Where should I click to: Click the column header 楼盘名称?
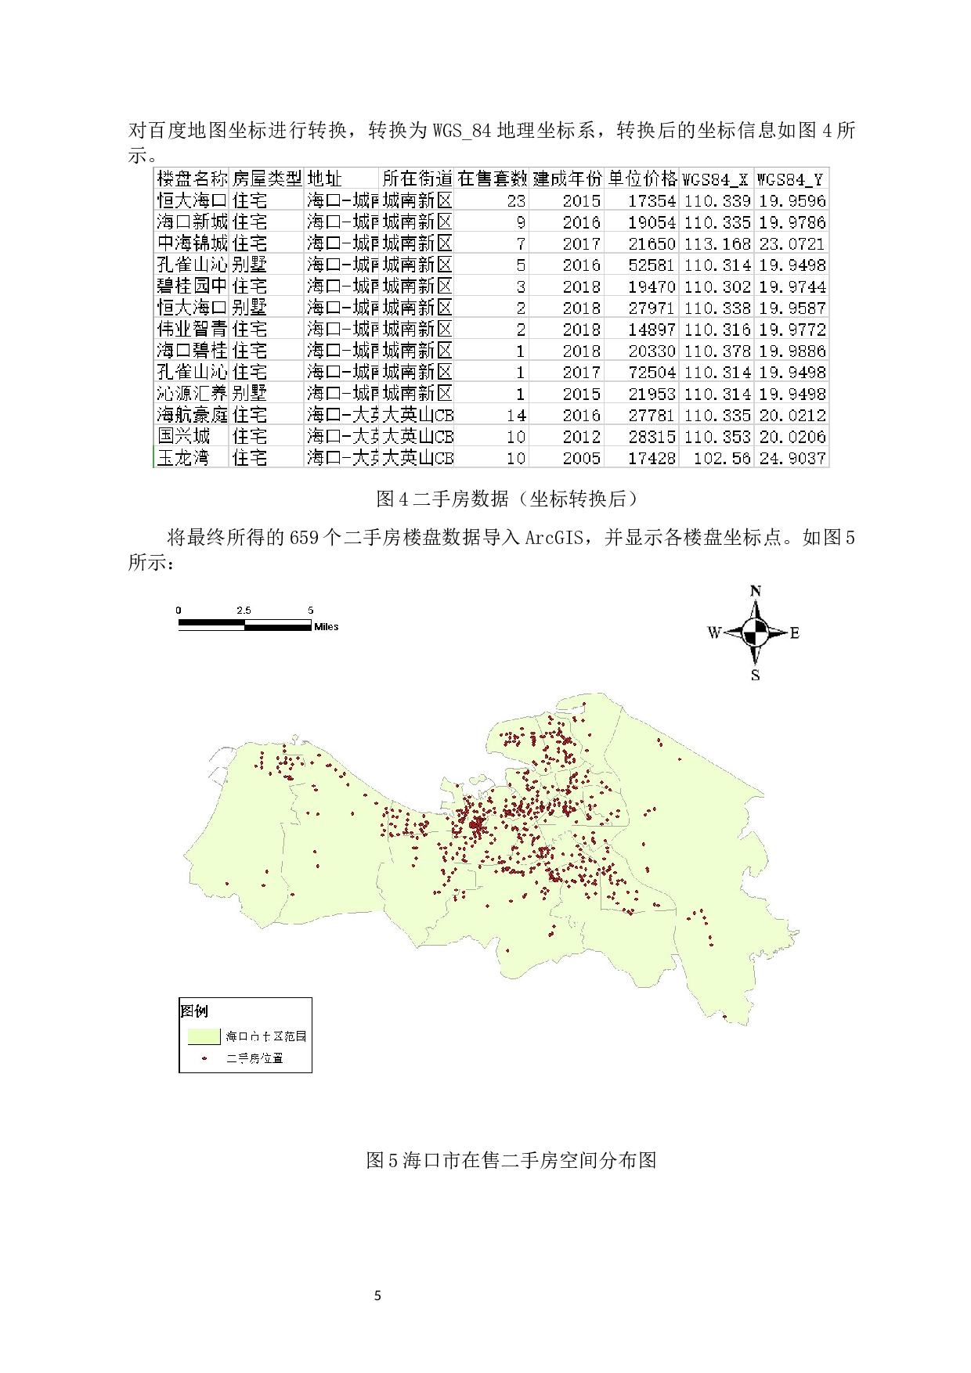192,178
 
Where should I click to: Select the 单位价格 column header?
642,178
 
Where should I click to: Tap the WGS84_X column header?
715,179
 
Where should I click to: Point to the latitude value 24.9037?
792,458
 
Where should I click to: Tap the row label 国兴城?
184,436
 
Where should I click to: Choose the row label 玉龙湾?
183,458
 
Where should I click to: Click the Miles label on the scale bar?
327,627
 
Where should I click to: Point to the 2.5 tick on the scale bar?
244,610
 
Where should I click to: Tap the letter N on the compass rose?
756,591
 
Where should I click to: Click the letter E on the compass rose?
795,632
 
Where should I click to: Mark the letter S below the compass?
756,675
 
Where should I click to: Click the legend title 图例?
194,1011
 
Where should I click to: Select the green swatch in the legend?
204,1036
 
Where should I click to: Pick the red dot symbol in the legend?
204,1058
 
